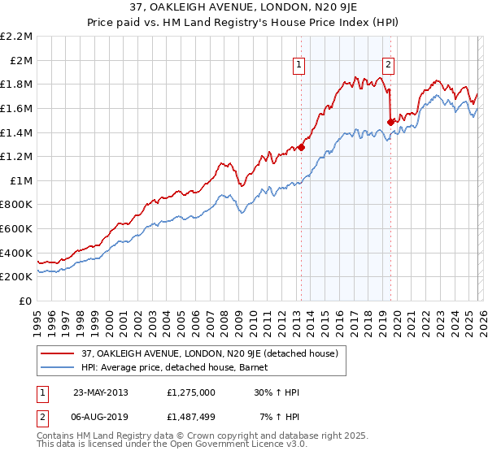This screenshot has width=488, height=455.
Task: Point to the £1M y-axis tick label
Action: [21, 181]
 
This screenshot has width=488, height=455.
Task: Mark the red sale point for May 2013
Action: [301, 147]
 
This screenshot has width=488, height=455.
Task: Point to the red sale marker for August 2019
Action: [390, 122]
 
